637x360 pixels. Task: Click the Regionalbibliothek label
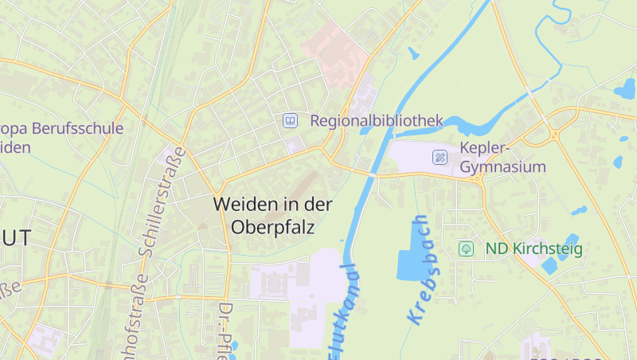(x=376, y=121)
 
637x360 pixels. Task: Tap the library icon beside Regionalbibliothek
(x=291, y=121)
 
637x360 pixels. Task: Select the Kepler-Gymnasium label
(x=503, y=158)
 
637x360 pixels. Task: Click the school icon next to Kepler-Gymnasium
(x=440, y=157)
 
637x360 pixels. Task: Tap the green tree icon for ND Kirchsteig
(x=466, y=248)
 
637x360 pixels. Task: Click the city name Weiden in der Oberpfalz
(x=272, y=215)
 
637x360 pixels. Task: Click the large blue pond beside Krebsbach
(x=411, y=250)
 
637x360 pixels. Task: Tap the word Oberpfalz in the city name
(x=273, y=227)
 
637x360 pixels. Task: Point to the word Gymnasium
(x=503, y=167)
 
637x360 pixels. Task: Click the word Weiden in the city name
(x=236, y=204)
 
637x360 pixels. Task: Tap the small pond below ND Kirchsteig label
(x=550, y=266)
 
